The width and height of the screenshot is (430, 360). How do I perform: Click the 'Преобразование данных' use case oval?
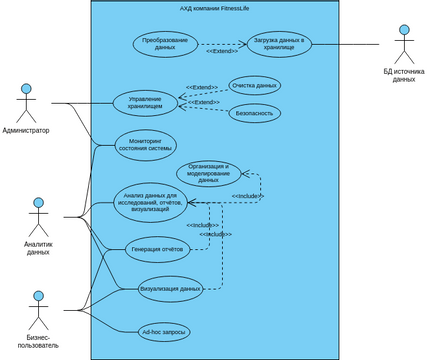(x=165, y=45)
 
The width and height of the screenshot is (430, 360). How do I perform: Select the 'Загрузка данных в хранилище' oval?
(x=280, y=45)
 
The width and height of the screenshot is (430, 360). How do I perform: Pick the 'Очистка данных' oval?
(x=254, y=86)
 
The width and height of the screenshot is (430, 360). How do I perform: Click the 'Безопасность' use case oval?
(x=254, y=114)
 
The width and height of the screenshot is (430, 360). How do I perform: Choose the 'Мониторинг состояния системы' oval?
(x=145, y=144)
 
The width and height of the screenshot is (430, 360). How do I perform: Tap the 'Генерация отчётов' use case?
(x=158, y=250)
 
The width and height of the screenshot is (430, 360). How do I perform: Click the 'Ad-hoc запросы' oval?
(x=166, y=331)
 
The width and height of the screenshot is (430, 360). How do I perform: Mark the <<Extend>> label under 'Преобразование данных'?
(x=221, y=64)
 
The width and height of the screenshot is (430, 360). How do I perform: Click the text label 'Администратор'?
(x=26, y=131)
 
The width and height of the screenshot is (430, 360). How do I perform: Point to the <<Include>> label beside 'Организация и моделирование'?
(x=247, y=196)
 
